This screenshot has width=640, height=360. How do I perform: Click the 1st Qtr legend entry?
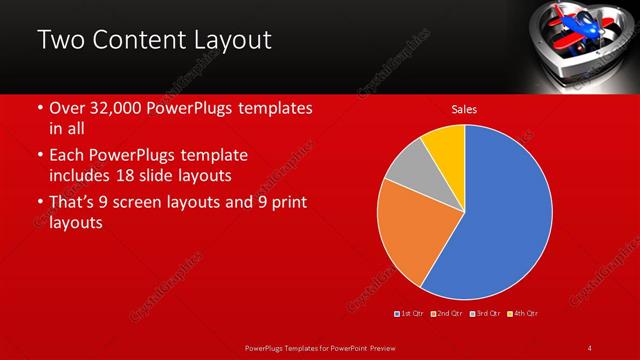(409, 313)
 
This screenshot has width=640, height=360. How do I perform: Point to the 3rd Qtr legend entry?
(487, 313)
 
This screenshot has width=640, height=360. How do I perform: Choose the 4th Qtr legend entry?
(525, 313)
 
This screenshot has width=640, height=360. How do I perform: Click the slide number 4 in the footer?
(590, 347)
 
